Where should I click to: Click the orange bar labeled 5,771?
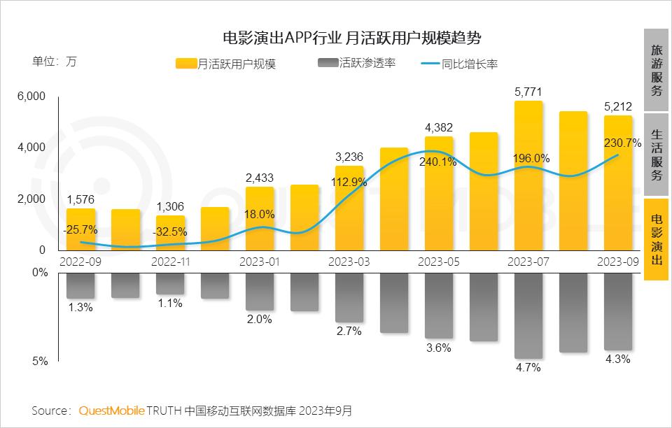(528, 175)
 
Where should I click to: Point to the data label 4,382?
(439, 127)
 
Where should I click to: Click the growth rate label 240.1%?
(439, 162)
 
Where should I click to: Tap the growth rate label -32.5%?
(170, 231)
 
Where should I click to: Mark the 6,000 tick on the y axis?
(31, 97)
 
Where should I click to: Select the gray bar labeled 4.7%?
(528, 315)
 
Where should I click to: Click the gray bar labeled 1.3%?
(80, 285)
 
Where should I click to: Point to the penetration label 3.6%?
(438, 348)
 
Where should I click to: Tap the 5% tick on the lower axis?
(40, 362)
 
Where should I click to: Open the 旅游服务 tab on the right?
(656, 71)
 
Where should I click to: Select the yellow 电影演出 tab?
(656, 239)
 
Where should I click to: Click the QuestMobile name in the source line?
(111, 409)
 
